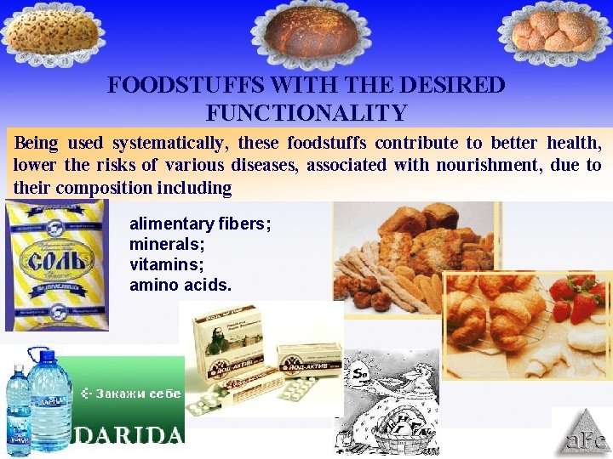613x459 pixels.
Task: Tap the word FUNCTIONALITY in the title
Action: [306, 112]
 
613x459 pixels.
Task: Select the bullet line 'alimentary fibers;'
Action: [200, 224]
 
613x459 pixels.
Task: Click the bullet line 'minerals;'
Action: [160, 245]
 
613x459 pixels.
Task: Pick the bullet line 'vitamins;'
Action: [159, 264]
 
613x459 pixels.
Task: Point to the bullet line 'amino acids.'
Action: [180, 285]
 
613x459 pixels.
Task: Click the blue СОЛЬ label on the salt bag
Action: [57, 258]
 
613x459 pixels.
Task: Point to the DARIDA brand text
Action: [129, 435]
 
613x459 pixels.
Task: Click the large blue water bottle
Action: [50, 399]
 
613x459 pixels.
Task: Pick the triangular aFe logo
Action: [582, 434]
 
